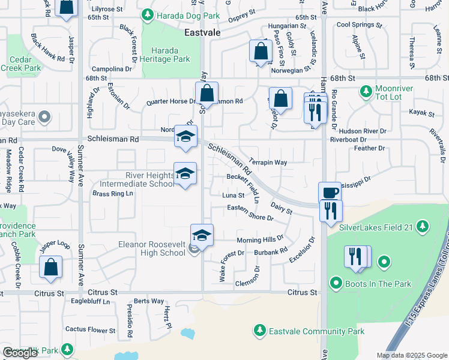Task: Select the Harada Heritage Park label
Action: (x=170, y=55)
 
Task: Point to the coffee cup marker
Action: (x=330, y=193)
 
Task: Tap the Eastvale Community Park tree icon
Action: (x=259, y=331)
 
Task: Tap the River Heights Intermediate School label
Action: (x=140, y=179)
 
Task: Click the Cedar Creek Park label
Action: (x=25, y=64)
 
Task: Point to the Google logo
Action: (x=20, y=353)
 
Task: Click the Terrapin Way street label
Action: (x=268, y=163)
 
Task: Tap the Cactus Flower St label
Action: (x=90, y=330)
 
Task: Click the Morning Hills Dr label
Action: (x=260, y=239)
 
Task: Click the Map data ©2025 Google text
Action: (x=411, y=355)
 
